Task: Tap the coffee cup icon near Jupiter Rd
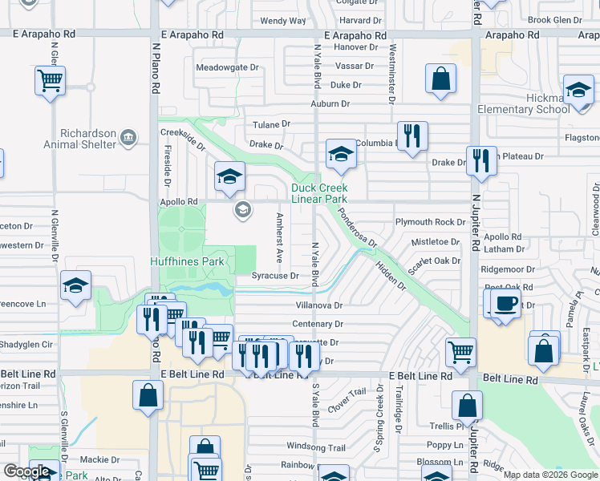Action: click(505, 303)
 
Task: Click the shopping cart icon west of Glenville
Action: click(50, 80)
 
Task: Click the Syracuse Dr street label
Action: click(275, 275)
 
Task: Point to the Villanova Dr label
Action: click(317, 305)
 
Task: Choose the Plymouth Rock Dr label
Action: click(430, 222)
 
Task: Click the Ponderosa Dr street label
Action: click(357, 228)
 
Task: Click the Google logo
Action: click(27, 471)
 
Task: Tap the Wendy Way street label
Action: click(283, 21)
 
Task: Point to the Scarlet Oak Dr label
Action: click(434, 261)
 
